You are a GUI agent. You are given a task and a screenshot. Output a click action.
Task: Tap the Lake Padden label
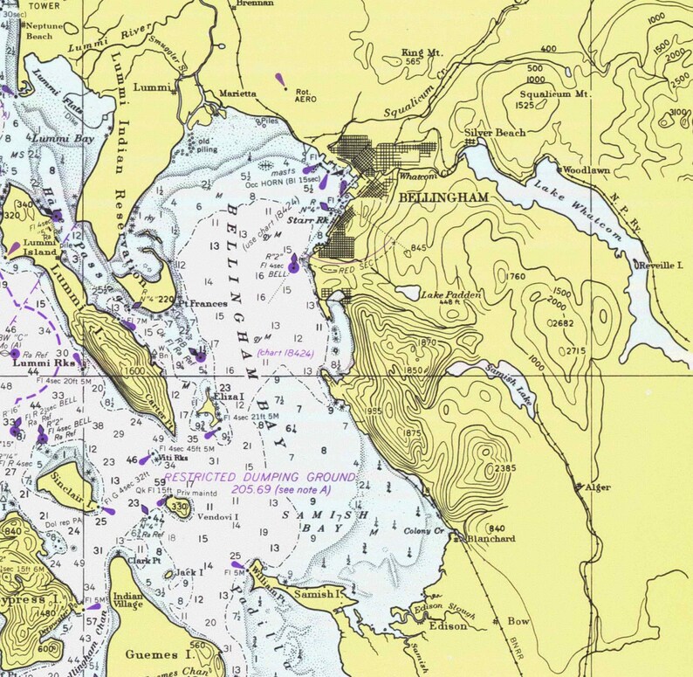pyautogui.click(x=452, y=296)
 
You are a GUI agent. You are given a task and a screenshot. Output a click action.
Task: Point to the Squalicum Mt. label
pyautogui.click(x=556, y=93)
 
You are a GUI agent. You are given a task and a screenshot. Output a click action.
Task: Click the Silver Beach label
pyautogui.click(x=495, y=133)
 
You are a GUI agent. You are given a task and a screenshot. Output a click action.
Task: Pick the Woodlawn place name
pyautogui.click(x=587, y=170)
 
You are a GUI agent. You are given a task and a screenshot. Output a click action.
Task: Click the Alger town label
pyautogui.click(x=598, y=487)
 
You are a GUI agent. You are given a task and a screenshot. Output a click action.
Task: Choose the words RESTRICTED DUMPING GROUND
pyautogui.click(x=260, y=478)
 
